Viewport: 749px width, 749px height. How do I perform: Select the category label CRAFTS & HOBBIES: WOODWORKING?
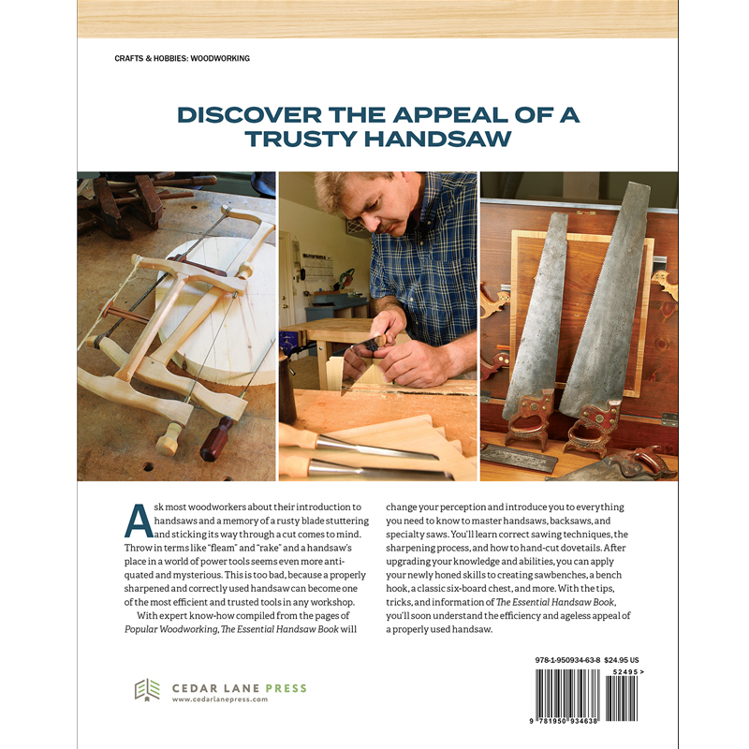point(182,58)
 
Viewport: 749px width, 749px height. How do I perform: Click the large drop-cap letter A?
point(139,520)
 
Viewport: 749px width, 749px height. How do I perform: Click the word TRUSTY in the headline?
point(303,139)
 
